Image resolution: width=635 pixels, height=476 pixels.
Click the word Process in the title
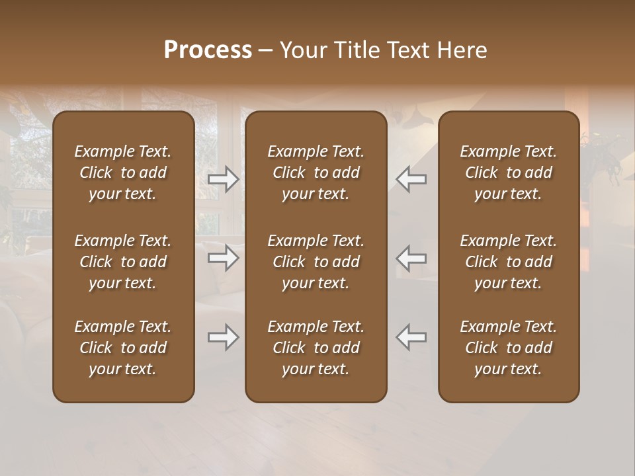coord(208,50)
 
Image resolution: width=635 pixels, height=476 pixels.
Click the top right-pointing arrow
coord(224,179)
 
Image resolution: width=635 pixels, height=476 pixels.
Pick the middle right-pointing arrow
coord(224,258)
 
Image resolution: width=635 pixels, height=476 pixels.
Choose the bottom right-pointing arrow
coord(224,338)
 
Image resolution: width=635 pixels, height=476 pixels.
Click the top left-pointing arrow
coord(411,179)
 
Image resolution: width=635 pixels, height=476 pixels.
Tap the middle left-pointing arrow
coord(411,258)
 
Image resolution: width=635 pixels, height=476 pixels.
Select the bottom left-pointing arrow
coord(411,338)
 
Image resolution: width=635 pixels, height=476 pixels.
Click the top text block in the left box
coord(123,173)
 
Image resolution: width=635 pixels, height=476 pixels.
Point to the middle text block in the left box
coord(123,262)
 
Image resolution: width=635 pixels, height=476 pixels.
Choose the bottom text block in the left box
coord(123,348)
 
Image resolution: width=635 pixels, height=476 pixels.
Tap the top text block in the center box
coord(316,173)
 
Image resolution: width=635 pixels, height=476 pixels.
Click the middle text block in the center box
coord(316,262)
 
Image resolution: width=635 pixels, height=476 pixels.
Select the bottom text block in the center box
coord(316,348)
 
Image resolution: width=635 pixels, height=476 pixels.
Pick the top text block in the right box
coord(509,173)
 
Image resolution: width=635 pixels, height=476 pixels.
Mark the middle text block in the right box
coord(509,262)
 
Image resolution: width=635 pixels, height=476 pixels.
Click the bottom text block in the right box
coord(509,348)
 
